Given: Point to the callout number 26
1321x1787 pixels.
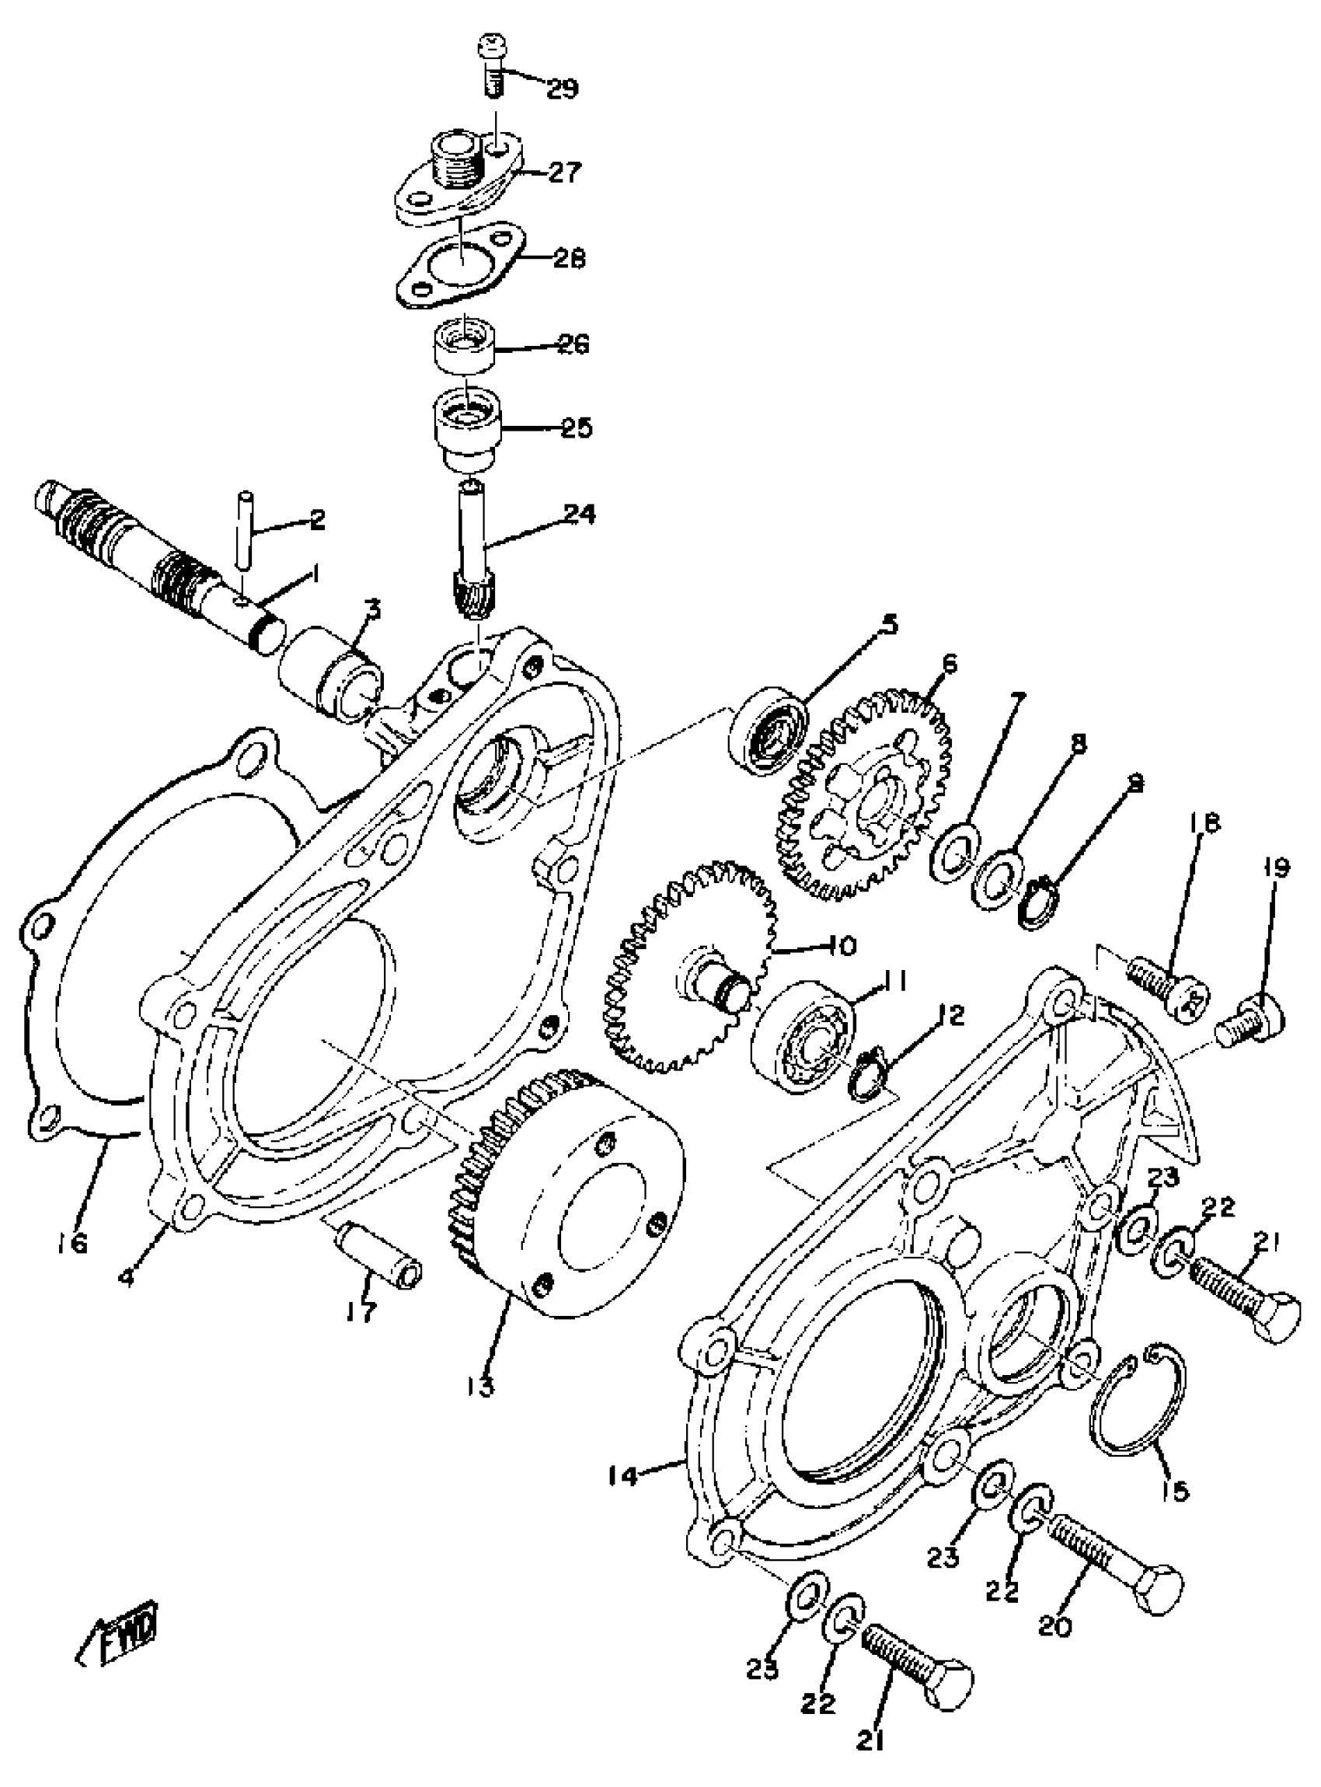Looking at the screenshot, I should (x=573, y=345).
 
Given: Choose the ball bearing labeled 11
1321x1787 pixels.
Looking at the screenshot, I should (x=803, y=1037).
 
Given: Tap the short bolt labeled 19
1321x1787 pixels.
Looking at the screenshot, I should (x=1251, y=1022).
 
